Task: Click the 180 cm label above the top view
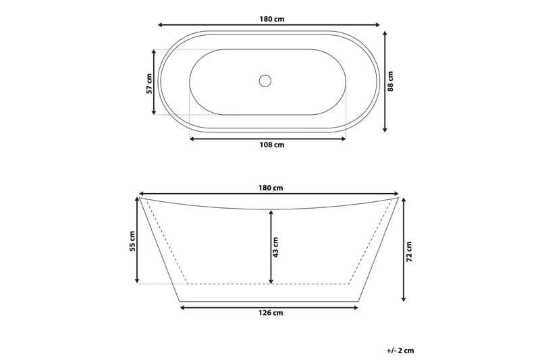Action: pyautogui.click(x=270, y=19)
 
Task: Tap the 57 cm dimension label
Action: pyautogui.click(x=149, y=82)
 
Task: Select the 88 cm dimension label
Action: pyautogui.click(x=391, y=82)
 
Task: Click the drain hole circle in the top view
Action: pyautogui.click(x=265, y=81)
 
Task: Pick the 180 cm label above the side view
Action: pyautogui.click(x=270, y=188)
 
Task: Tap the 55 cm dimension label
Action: pyautogui.click(x=132, y=240)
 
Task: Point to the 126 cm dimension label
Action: pyautogui.click(x=270, y=313)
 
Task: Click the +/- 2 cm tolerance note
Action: pyautogui.click(x=400, y=350)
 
